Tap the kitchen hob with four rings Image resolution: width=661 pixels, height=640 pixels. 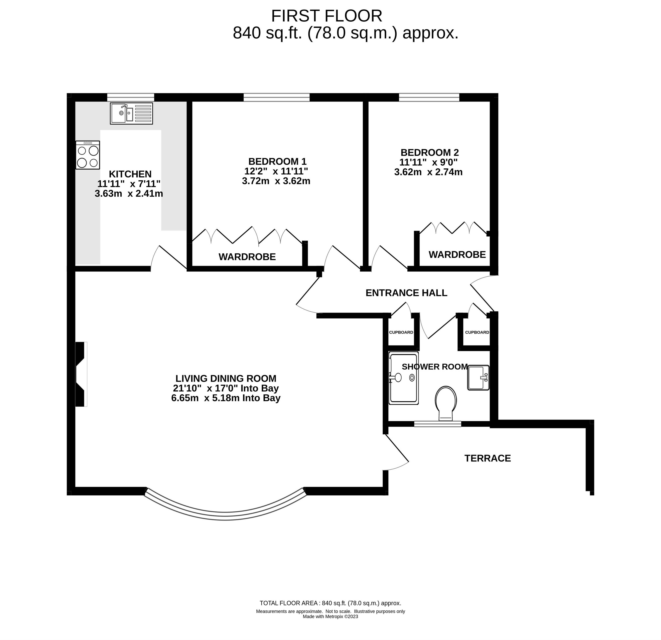tap(88, 155)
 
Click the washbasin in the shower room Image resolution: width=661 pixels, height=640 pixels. tap(478, 378)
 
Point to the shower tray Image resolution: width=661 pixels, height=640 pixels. tap(404, 378)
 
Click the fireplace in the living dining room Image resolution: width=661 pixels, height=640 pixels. tap(81, 374)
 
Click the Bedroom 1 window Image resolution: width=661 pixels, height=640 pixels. tap(277, 98)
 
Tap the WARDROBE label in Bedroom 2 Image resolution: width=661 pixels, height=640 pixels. tap(457, 254)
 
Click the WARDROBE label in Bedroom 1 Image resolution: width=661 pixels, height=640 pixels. tap(247, 257)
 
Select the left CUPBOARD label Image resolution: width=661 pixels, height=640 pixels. tap(401, 332)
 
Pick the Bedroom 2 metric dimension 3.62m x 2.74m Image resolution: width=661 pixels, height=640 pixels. tap(428, 172)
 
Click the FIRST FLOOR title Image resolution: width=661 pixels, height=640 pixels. tap(326, 16)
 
